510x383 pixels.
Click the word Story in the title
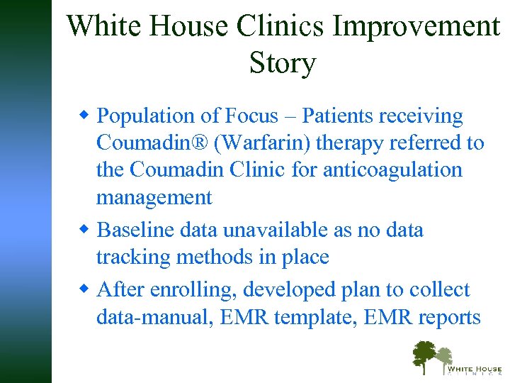tap(282, 62)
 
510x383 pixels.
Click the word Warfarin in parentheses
tap(266, 143)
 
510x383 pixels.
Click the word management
tap(154, 198)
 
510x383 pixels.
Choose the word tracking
tap(135, 257)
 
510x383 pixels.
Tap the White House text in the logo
tap(474, 368)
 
